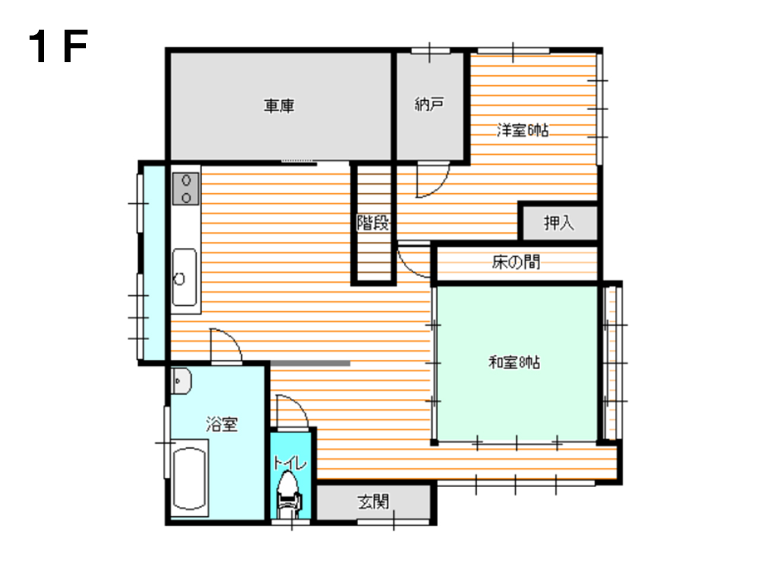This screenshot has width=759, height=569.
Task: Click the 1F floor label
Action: pyautogui.click(x=58, y=46)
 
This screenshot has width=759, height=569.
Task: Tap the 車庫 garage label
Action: pyautogui.click(x=279, y=106)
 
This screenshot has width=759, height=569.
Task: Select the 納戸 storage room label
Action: pyautogui.click(x=429, y=104)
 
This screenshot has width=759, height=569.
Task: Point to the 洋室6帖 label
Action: pyautogui.click(x=522, y=130)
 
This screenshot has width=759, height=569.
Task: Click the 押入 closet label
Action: pyautogui.click(x=559, y=223)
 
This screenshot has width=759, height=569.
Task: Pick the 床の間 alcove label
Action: pyautogui.click(x=516, y=262)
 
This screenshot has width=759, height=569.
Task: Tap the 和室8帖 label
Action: pyautogui.click(x=514, y=363)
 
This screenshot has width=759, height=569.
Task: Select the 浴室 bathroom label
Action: pyautogui.click(x=222, y=424)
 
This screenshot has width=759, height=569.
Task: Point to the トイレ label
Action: pyautogui.click(x=290, y=463)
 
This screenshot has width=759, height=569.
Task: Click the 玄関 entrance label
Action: pyautogui.click(x=373, y=501)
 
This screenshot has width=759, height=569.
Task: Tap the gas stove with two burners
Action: pyautogui.click(x=186, y=189)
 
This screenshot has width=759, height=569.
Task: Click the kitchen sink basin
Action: pyautogui.click(x=184, y=277)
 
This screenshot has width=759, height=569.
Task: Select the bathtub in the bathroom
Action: pyautogui.click(x=190, y=479)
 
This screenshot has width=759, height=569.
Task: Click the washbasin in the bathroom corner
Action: pyautogui.click(x=181, y=381)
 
